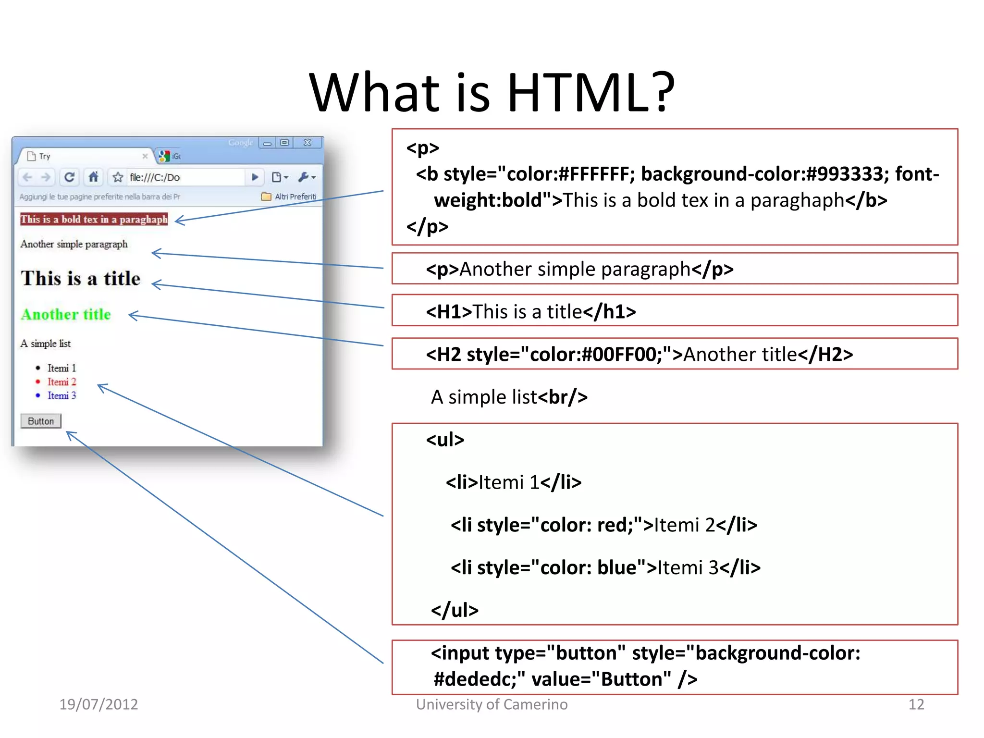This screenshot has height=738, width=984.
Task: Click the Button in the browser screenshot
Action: pyautogui.click(x=41, y=421)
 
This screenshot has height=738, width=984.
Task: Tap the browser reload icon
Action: pyautogui.click(x=69, y=177)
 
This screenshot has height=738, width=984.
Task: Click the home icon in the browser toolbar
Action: pyautogui.click(x=94, y=177)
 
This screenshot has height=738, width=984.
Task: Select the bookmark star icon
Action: pyautogui.click(x=118, y=177)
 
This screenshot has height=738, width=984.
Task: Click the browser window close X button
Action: pyautogui.click(x=307, y=143)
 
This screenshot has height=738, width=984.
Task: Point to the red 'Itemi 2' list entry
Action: pyautogui.click(x=61, y=382)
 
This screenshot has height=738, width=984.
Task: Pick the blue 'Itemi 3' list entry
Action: pyautogui.click(x=61, y=395)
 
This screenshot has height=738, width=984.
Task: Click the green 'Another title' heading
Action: pyautogui.click(x=66, y=314)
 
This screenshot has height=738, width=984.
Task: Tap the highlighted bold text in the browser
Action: pyautogui.click(x=94, y=219)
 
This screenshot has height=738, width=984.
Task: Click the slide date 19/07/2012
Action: pyautogui.click(x=98, y=704)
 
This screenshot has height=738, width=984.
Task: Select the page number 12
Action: pyautogui.click(x=916, y=704)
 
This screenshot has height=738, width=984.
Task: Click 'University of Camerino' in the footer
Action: pyautogui.click(x=492, y=704)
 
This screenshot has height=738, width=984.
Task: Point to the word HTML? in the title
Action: pyautogui.click(x=590, y=92)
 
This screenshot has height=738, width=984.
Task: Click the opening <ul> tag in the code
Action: pyautogui.click(x=445, y=440)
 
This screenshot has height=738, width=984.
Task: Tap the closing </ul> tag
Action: pyautogui.click(x=455, y=610)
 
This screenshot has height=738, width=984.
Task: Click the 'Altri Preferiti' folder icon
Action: pyautogui.click(x=266, y=196)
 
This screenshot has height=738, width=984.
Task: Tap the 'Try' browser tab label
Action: pyautogui.click(x=45, y=156)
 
